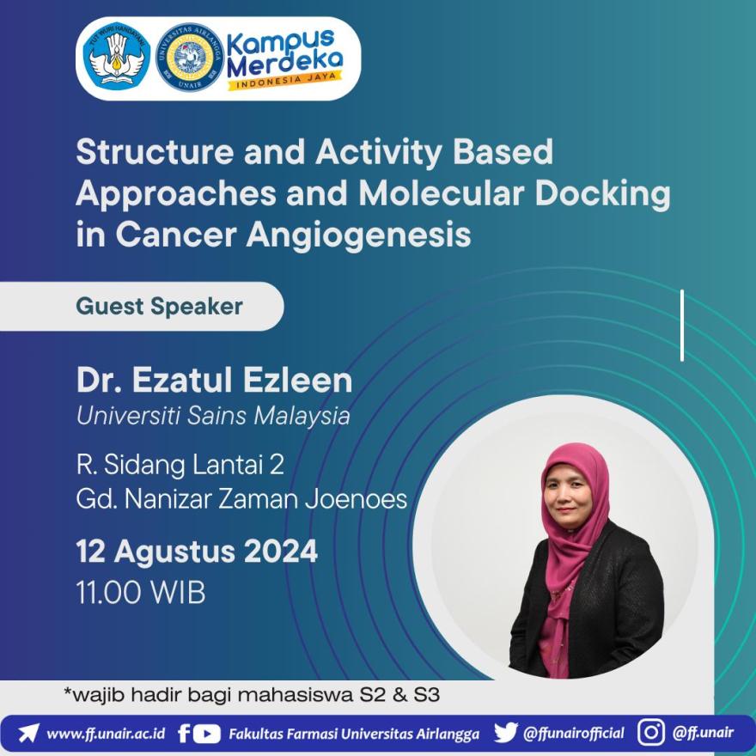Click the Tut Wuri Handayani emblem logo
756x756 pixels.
(117, 58)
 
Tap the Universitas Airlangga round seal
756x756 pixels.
(190, 58)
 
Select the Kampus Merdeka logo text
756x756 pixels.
(284, 52)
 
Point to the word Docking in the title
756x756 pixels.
(603, 194)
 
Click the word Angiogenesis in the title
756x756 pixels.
(359, 235)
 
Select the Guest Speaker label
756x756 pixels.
(159, 307)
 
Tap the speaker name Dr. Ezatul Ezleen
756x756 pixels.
(214, 380)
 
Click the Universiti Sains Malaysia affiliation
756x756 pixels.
(213, 416)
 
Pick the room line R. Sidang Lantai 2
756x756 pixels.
(180, 465)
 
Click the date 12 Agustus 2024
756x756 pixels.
(197, 551)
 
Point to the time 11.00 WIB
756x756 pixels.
(141, 592)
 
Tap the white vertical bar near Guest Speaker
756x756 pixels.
(682, 326)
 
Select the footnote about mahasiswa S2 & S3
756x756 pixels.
(253, 695)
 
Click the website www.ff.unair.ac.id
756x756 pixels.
(106, 734)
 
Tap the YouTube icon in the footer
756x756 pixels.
(208, 734)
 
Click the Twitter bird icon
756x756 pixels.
(505, 733)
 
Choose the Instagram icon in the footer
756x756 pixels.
(651, 732)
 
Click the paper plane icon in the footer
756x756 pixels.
(28, 734)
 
